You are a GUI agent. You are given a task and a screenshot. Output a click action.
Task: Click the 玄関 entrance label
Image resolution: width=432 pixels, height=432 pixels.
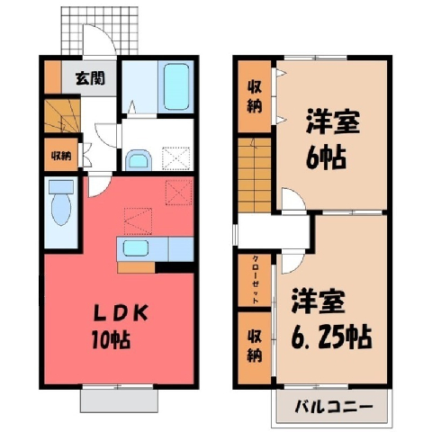coord(90,78)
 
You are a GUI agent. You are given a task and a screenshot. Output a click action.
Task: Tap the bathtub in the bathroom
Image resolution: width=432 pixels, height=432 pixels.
coord(175,87)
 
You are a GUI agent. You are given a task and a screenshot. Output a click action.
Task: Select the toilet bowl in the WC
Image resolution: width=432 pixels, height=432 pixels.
coord(61,208)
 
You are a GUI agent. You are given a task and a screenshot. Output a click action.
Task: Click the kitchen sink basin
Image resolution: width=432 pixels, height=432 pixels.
coord(136,248)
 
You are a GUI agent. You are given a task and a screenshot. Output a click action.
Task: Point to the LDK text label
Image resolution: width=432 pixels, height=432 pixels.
coord(121,313)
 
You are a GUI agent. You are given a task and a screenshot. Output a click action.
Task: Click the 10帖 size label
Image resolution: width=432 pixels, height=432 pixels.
coord(111,339)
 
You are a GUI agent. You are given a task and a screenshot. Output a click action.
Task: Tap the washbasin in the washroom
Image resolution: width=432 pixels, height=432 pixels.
coord(139,160)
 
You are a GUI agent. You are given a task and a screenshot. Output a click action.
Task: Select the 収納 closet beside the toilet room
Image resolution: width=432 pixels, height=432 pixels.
coord(61,155)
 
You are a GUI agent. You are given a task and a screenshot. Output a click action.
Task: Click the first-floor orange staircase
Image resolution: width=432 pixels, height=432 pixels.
coord(62,115)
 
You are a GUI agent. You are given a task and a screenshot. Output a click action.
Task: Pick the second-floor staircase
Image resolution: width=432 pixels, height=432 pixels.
coord(255,175)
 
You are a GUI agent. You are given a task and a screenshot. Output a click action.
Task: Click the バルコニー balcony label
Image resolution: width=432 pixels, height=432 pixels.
coord(334,407)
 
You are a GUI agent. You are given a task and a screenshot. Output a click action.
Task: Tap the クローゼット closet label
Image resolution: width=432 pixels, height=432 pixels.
coord(256,280)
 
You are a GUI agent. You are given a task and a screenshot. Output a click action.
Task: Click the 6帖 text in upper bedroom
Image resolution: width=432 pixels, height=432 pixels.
coord(326,157)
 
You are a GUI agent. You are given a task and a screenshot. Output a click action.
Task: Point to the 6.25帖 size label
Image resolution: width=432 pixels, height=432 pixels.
coord(331,337)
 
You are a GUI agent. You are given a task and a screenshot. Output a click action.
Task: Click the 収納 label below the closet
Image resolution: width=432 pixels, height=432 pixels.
coord(255,346)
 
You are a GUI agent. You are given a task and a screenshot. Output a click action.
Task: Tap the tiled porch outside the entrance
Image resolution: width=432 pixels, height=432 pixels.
coord(100,31)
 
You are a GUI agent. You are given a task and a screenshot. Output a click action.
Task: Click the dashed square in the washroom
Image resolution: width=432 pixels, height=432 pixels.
coord(176,158)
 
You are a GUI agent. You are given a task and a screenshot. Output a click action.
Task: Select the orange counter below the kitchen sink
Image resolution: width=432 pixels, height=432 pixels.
coord(136,267)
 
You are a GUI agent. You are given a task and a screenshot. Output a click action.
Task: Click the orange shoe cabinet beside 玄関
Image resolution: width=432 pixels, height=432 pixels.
coord(53,77)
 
